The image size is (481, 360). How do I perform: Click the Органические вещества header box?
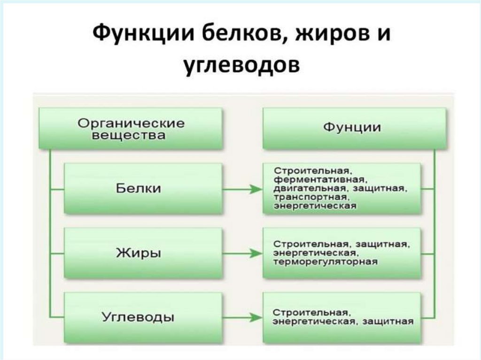pyautogui.click(x=131, y=129)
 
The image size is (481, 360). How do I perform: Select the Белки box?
pyautogui.click(x=143, y=189)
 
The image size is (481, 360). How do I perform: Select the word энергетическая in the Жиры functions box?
pyautogui.click(x=308, y=253)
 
